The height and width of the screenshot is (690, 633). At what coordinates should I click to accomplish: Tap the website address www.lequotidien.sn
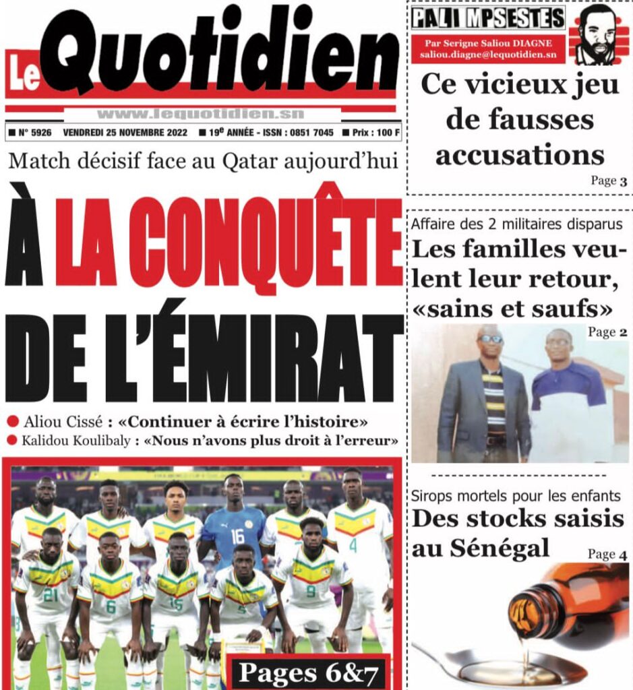[200, 114]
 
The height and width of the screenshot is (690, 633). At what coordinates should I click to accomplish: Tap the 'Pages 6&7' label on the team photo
[307, 671]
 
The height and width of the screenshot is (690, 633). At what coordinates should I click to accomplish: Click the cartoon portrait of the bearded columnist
[598, 35]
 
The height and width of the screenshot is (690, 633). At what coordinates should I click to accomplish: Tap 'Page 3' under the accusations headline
[609, 181]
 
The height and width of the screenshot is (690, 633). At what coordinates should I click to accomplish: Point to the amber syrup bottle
[573, 603]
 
